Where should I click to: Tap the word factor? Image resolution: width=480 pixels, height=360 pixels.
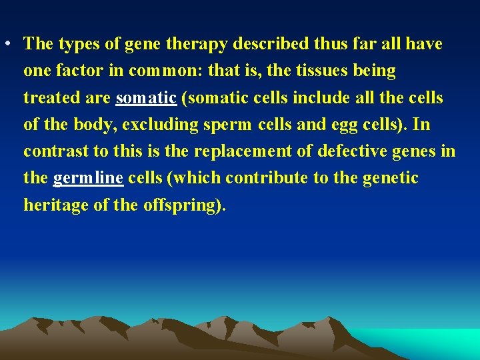79,71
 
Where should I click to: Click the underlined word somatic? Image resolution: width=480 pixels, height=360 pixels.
146,98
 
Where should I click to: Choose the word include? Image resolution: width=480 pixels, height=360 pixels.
315,97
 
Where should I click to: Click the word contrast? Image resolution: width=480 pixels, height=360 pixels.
56,151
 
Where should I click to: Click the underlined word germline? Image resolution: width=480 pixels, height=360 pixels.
88,179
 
